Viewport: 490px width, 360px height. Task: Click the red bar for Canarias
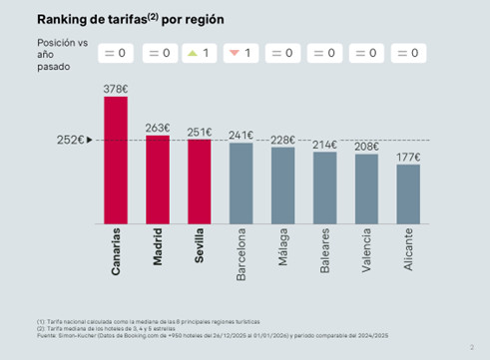click(116, 160)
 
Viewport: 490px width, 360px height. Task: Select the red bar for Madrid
click(158, 180)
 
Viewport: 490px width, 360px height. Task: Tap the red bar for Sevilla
click(200, 181)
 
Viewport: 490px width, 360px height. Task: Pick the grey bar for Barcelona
click(241, 183)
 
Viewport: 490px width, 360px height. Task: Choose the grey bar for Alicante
click(407, 193)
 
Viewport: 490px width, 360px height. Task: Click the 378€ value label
click(116, 89)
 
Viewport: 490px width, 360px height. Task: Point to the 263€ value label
click(158, 128)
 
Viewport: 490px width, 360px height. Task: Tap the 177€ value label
click(407, 157)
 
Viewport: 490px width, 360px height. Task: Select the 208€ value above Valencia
click(366, 146)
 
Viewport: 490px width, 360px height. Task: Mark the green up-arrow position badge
click(200, 53)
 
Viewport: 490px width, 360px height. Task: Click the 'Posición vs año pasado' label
click(62, 53)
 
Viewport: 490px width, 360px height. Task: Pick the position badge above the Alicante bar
click(407, 53)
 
